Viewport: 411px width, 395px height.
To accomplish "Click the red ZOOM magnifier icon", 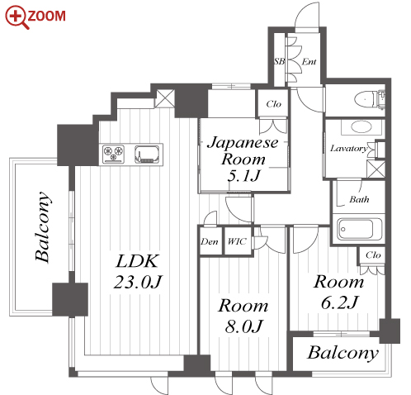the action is click(17, 17).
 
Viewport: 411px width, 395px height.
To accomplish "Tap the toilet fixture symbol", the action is click(369, 99).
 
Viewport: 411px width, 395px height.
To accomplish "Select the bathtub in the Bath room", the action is click(360, 229).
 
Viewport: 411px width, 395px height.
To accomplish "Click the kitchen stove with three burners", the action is click(113, 153).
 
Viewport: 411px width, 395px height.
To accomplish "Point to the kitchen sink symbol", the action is click(147, 154).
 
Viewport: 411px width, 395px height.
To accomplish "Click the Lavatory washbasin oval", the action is click(361, 127).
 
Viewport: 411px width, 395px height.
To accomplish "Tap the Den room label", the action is click(210, 242).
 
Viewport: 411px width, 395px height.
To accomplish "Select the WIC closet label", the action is click(237, 241).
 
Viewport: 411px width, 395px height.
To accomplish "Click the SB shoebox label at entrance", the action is click(279, 61).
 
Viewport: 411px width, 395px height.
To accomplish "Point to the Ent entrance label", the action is click(309, 61).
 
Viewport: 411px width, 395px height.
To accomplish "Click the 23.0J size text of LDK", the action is click(138, 282).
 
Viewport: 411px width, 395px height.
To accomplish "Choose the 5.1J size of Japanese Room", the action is click(243, 176).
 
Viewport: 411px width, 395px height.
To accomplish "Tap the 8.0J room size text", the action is click(243, 326).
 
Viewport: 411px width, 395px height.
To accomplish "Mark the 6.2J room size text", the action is click(339, 302).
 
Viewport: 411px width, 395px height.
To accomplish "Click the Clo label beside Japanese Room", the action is click(274, 104).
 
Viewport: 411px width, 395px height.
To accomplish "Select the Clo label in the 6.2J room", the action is click(373, 255).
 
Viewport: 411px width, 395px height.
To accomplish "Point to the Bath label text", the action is click(359, 199).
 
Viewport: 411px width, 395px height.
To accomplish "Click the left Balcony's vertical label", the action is click(43, 226).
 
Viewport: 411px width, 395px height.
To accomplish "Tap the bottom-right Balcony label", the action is click(342, 353).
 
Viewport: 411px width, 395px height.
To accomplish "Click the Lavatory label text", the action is click(349, 149).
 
